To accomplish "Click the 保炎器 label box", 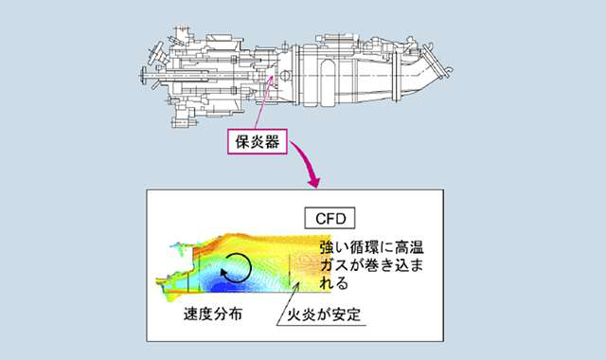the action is pyautogui.click(x=258, y=142).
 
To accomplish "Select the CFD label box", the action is pyautogui.click(x=330, y=219).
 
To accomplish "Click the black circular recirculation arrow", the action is pyautogui.click(x=236, y=268).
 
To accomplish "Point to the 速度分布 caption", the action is pyautogui.click(x=213, y=314).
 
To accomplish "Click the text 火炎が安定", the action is pyautogui.click(x=324, y=314).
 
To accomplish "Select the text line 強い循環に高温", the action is pyautogui.click(x=371, y=247).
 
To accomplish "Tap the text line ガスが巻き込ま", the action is pyautogui.click(x=371, y=265).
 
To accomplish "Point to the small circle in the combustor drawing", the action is pyautogui.click(x=285, y=75).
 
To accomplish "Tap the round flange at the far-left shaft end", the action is pyautogui.click(x=143, y=76).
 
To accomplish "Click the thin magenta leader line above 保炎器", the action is pyautogui.click(x=263, y=102).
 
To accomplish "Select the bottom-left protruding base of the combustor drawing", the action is pyautogui.click(x=183, y=116).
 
